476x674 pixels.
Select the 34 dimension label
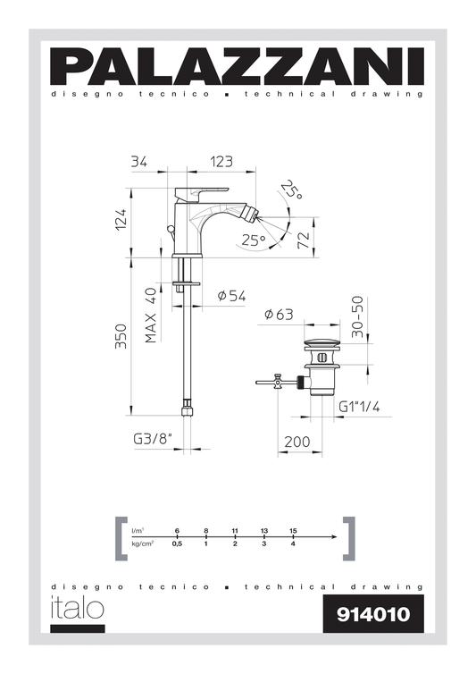[138, 162]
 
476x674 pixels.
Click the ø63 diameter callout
[280, 314]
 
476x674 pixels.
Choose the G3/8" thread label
[151, 438]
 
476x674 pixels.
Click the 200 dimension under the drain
[297, 442]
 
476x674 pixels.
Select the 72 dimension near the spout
[327, 239]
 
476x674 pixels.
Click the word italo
[77, 607]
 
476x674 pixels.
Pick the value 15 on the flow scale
[293, 531]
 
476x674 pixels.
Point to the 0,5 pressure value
[177, 543]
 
